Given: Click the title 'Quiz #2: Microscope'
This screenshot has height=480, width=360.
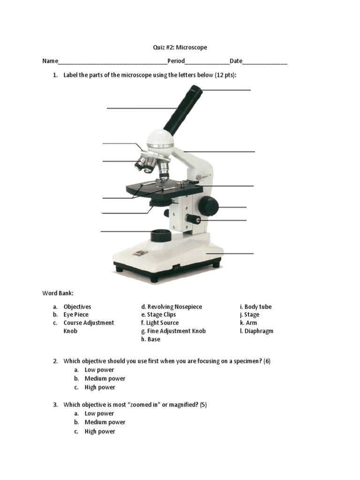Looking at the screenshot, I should pyautogui.click(x=180, y=47).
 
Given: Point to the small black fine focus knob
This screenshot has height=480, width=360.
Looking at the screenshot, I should pyautogui.click(x=193, y=218).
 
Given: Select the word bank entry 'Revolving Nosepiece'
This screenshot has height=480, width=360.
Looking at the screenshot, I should pyautogui.click(x=174, y=307).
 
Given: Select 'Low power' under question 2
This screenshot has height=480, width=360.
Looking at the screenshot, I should pyautogui.click(x=99, y=370).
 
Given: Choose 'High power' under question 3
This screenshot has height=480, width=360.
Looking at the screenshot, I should pyautogui.click(x=99, y=431).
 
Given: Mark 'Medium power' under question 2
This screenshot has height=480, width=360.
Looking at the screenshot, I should pyautogui.click(x=105, y=378).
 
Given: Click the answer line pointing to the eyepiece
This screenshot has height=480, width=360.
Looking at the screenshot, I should pyautogui.click(x=227, y=90).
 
